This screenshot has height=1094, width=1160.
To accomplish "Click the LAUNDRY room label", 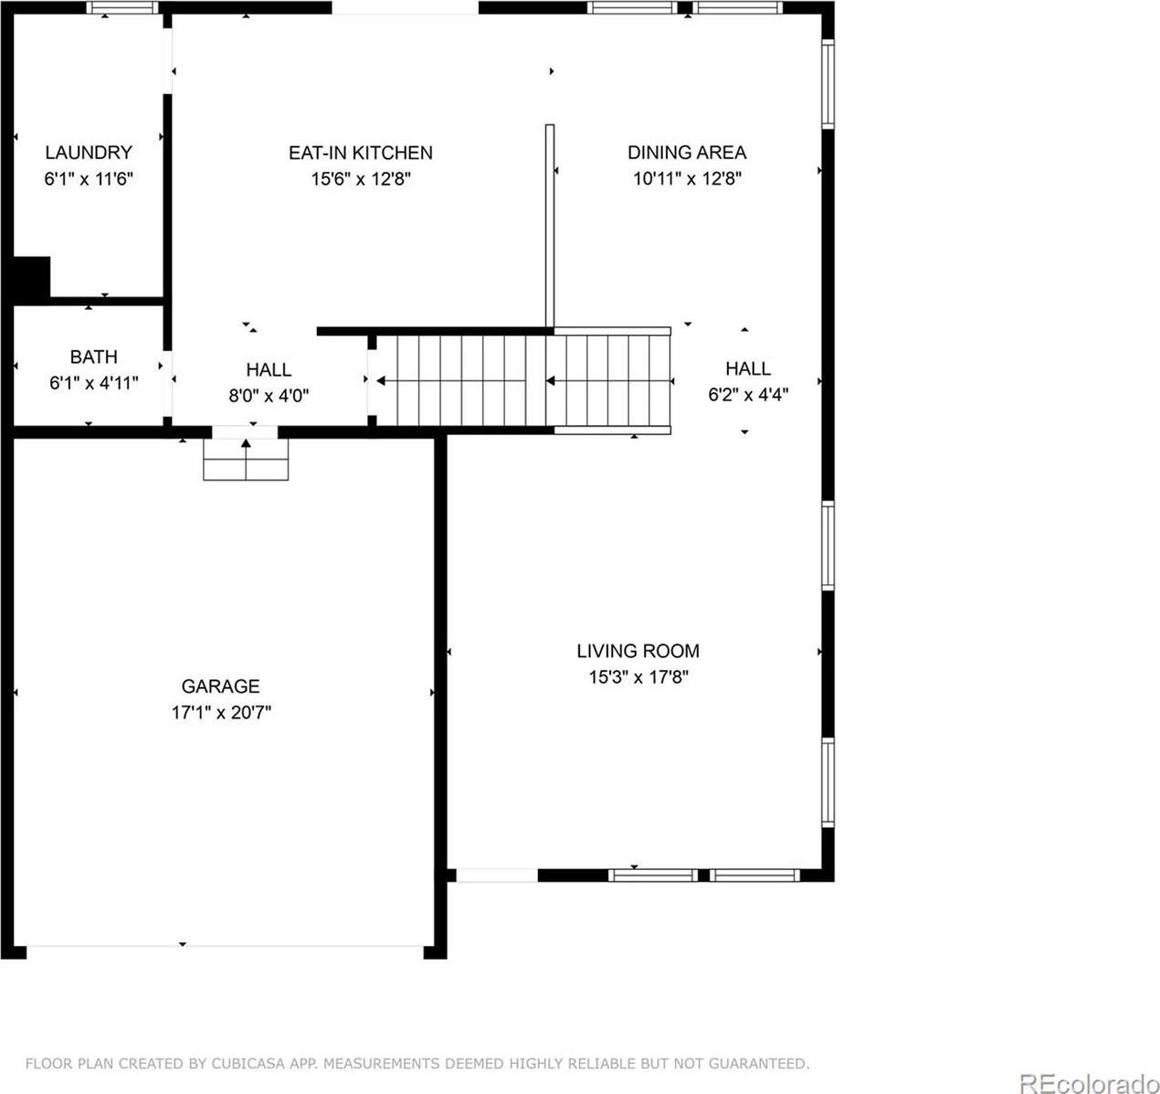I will pos(89,153).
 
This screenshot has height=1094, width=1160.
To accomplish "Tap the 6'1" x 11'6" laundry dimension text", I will pos(89,179).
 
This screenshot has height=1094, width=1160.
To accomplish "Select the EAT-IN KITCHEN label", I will pos(361,153).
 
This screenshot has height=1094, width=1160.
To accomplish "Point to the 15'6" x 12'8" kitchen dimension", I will pos(361,179).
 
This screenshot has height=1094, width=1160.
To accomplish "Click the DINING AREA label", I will pos(687,153).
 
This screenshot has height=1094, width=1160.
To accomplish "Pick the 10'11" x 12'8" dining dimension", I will pos(687,179).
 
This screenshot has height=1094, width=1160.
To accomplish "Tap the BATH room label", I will pos(93,356).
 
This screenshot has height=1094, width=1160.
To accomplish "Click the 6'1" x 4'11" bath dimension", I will pos(93,383).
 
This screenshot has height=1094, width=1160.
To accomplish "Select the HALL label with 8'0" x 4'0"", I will pos(269,369).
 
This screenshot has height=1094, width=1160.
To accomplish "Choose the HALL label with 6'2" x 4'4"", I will pos(748,368).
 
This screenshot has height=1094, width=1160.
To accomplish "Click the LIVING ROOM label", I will pos(638,651).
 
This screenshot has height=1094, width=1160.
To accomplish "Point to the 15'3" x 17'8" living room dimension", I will pos(638,677).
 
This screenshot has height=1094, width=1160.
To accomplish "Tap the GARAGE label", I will pos(220,685).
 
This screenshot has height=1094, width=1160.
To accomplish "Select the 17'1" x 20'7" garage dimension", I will pos(220,712).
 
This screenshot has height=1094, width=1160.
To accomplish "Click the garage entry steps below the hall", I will pos(246,459).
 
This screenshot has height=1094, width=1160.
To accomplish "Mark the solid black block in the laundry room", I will pos(31,277).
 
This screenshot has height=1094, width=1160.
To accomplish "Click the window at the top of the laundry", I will pos(122,8).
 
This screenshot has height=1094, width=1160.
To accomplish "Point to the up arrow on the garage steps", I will pos(246,445).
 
